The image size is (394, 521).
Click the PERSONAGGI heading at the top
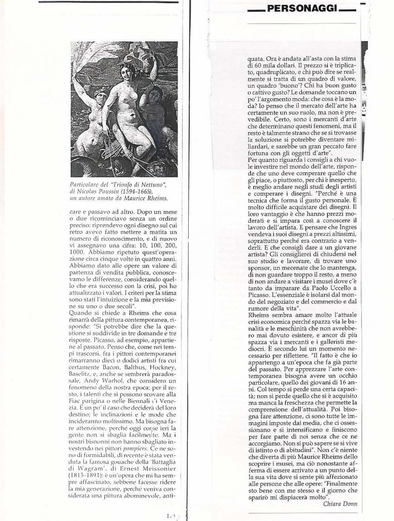click(x=302, y=9)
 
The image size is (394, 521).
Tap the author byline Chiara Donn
click(x=340, y=504)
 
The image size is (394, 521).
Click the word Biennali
click(x=141, y=401)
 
